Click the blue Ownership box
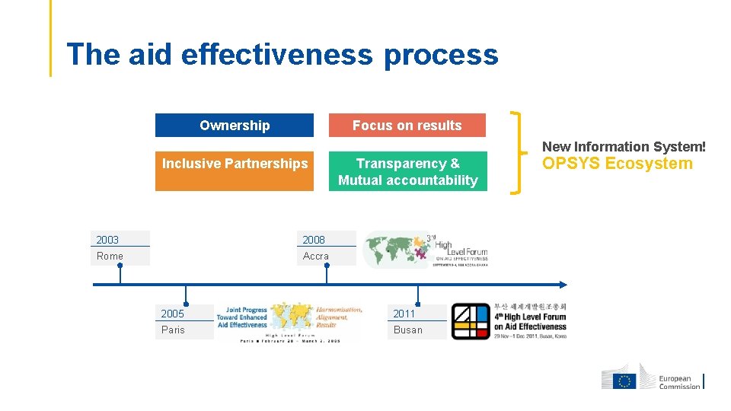click(x=235, y=126)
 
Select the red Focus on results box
click(x=407, y=126)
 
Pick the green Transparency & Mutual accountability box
click(x=407, y=171)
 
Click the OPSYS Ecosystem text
click(x=617, y=164)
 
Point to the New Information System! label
click(x=624, y=146)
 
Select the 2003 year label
click(x=108, y=240)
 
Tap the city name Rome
click(x=110, y=256)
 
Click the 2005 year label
click(x=173, y=314)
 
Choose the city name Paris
click(x=174, y=330)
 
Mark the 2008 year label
click(x=314, y=240)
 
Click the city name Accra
click(x=316, y=256)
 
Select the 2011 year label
click(x=404, y=314)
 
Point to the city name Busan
click(x=408, y=330)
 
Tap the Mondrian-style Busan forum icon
click(x=471, y=321)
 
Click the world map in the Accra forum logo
click(x=394, y=247)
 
